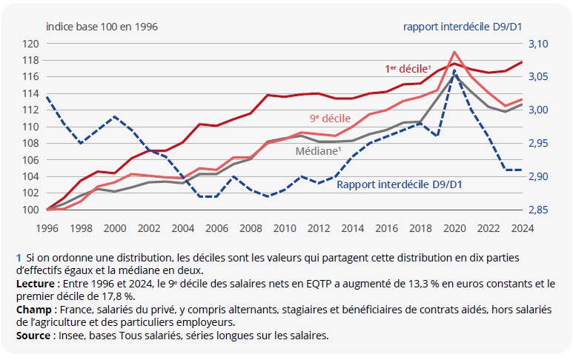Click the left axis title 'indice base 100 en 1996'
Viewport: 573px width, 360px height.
(x=102, y=27)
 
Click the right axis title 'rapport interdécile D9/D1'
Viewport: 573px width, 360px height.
(x=463, y=27)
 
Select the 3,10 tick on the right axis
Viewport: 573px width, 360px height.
(x=539, y=44)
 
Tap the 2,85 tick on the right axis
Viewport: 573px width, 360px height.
(x=539, y=210)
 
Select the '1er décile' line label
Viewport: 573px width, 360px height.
(x=408, y=68)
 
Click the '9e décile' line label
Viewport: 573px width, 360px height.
(x=330, y=118)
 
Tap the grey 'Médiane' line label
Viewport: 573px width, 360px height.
(x=318, y=150)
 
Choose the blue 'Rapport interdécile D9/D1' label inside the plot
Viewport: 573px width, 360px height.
(x=399, y=184)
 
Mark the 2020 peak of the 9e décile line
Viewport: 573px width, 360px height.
(x=454, y=52)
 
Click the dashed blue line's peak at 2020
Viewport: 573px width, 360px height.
(x=454, y=71)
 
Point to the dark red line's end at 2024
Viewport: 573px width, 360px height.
(x=521, y=62)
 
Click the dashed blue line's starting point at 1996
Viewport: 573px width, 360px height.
(x=47, y=97)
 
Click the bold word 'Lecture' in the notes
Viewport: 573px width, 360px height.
(x=33, y=284)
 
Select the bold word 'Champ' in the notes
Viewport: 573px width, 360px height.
(x=31, y=310)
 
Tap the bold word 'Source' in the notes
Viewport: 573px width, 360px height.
(x=31, y=336)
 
